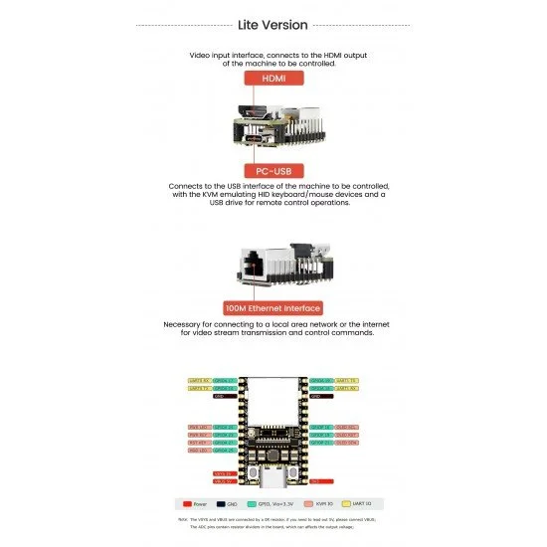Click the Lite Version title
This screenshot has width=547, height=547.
pyautogui.click(x=273, y=25)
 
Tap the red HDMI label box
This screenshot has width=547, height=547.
pyautogui.click(x=273, y=77)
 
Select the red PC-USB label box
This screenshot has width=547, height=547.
pyautogui.click(x=273, y=171)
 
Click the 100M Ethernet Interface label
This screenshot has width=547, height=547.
pyautogui.click(x=273, y=308)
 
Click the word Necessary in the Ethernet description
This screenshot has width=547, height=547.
pyautogui.click(x=184, y=325)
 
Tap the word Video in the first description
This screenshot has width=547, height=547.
pyautogui.click(x=200, y=54)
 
